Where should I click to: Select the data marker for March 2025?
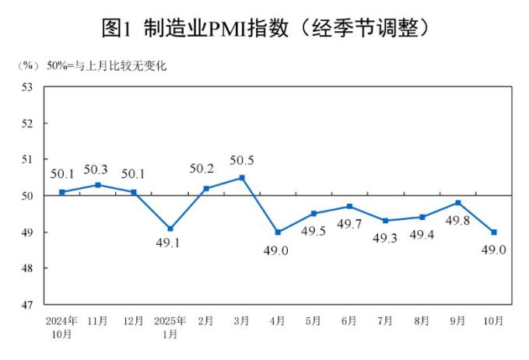[x=242, y=177]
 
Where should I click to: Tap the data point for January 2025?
[x=170, y=229]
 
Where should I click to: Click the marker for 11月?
[x=98, y=184]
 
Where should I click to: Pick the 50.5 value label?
[x=242, y=161]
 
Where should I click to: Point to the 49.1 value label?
[x=170, y=244]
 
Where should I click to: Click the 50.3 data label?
[x=98, y=169]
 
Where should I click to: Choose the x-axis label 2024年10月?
[x=61, y=327]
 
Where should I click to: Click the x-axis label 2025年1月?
[x=170, y=327]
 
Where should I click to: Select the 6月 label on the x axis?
[x=349, y=320]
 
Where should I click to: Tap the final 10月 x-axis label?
[x=493, y=320]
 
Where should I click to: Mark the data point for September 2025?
[x=458, y=203]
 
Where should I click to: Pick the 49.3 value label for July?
[x=386, y=238]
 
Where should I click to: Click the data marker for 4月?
[x=278, y=232]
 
